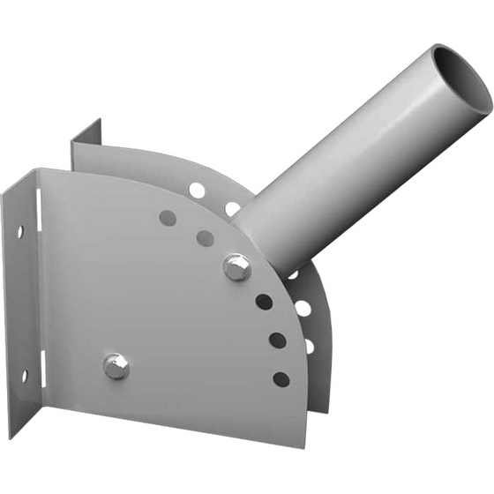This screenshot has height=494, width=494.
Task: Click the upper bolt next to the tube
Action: (x=236, y=266)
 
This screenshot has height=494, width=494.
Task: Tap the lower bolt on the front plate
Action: (x=116, y=365)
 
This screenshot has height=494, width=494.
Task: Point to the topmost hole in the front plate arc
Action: (x=166, y=217)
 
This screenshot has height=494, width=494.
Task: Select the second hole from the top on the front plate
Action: (x=205, y=237)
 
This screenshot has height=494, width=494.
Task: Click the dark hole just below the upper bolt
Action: (x=264, y=302)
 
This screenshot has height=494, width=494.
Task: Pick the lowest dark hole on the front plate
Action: (x=281, y=379)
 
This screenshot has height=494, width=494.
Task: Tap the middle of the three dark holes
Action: (x=277, y=341)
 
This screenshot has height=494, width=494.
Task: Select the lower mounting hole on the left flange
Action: (x=24, y=376)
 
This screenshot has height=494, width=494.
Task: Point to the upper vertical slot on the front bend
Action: (x=39, y=212)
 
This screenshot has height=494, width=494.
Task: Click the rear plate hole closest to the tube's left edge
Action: (x=232, y=209)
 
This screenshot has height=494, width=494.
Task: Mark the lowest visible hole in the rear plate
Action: (x=310, y=346)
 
